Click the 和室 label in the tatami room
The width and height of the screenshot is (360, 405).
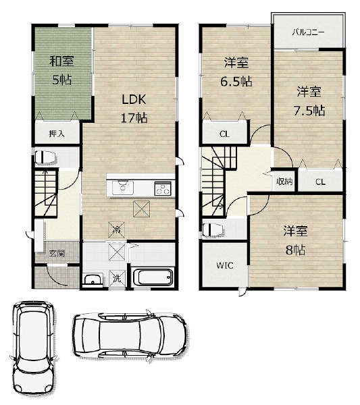point(61,61)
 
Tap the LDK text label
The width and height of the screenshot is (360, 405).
point(134,99)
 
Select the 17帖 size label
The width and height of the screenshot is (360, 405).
point(134,118)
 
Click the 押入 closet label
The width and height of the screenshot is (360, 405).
point(57,134)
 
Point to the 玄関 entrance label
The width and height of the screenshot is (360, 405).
point(57,254)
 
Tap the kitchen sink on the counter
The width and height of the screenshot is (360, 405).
point(123,188)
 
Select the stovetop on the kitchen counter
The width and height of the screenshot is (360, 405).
point(163,188)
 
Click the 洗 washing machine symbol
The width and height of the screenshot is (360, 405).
point(117,278)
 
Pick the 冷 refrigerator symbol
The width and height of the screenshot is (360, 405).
point(117,230)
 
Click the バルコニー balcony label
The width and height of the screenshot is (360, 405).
point(308,32)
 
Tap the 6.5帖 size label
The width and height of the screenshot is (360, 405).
point(236,82)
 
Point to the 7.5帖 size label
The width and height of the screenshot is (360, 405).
point(309,111)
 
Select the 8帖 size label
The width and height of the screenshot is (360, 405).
point(295,250)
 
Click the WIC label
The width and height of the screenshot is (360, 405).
point(225,265)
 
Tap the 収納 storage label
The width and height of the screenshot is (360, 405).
point(284,182)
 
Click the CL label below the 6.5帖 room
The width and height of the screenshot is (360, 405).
point(224,134)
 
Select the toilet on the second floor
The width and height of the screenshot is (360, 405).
point(213,230)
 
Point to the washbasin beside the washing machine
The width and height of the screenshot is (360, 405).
point(93,279)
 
